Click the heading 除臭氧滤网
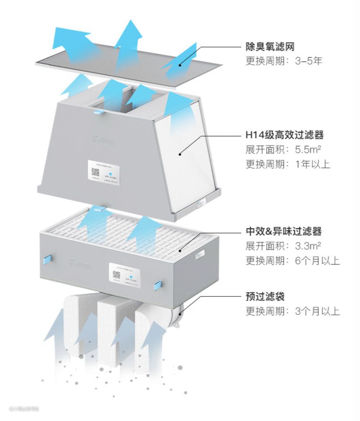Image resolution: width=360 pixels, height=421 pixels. pos(270,46)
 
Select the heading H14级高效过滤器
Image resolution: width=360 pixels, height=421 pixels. pos(285,135)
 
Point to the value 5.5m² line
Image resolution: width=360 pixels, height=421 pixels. pos(285,150)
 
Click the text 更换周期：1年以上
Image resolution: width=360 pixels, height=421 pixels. pos(288,164)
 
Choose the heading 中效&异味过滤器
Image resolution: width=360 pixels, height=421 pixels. pos(283,232)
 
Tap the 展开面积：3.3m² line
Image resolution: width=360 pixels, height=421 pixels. pos(283,246)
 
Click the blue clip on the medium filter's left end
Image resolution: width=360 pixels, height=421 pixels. pos(46,258)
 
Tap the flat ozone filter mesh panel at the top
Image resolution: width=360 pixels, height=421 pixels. pos(128,64)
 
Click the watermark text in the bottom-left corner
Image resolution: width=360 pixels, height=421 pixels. pos(24,409)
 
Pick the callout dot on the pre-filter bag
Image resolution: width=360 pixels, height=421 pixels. pos(180,314)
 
